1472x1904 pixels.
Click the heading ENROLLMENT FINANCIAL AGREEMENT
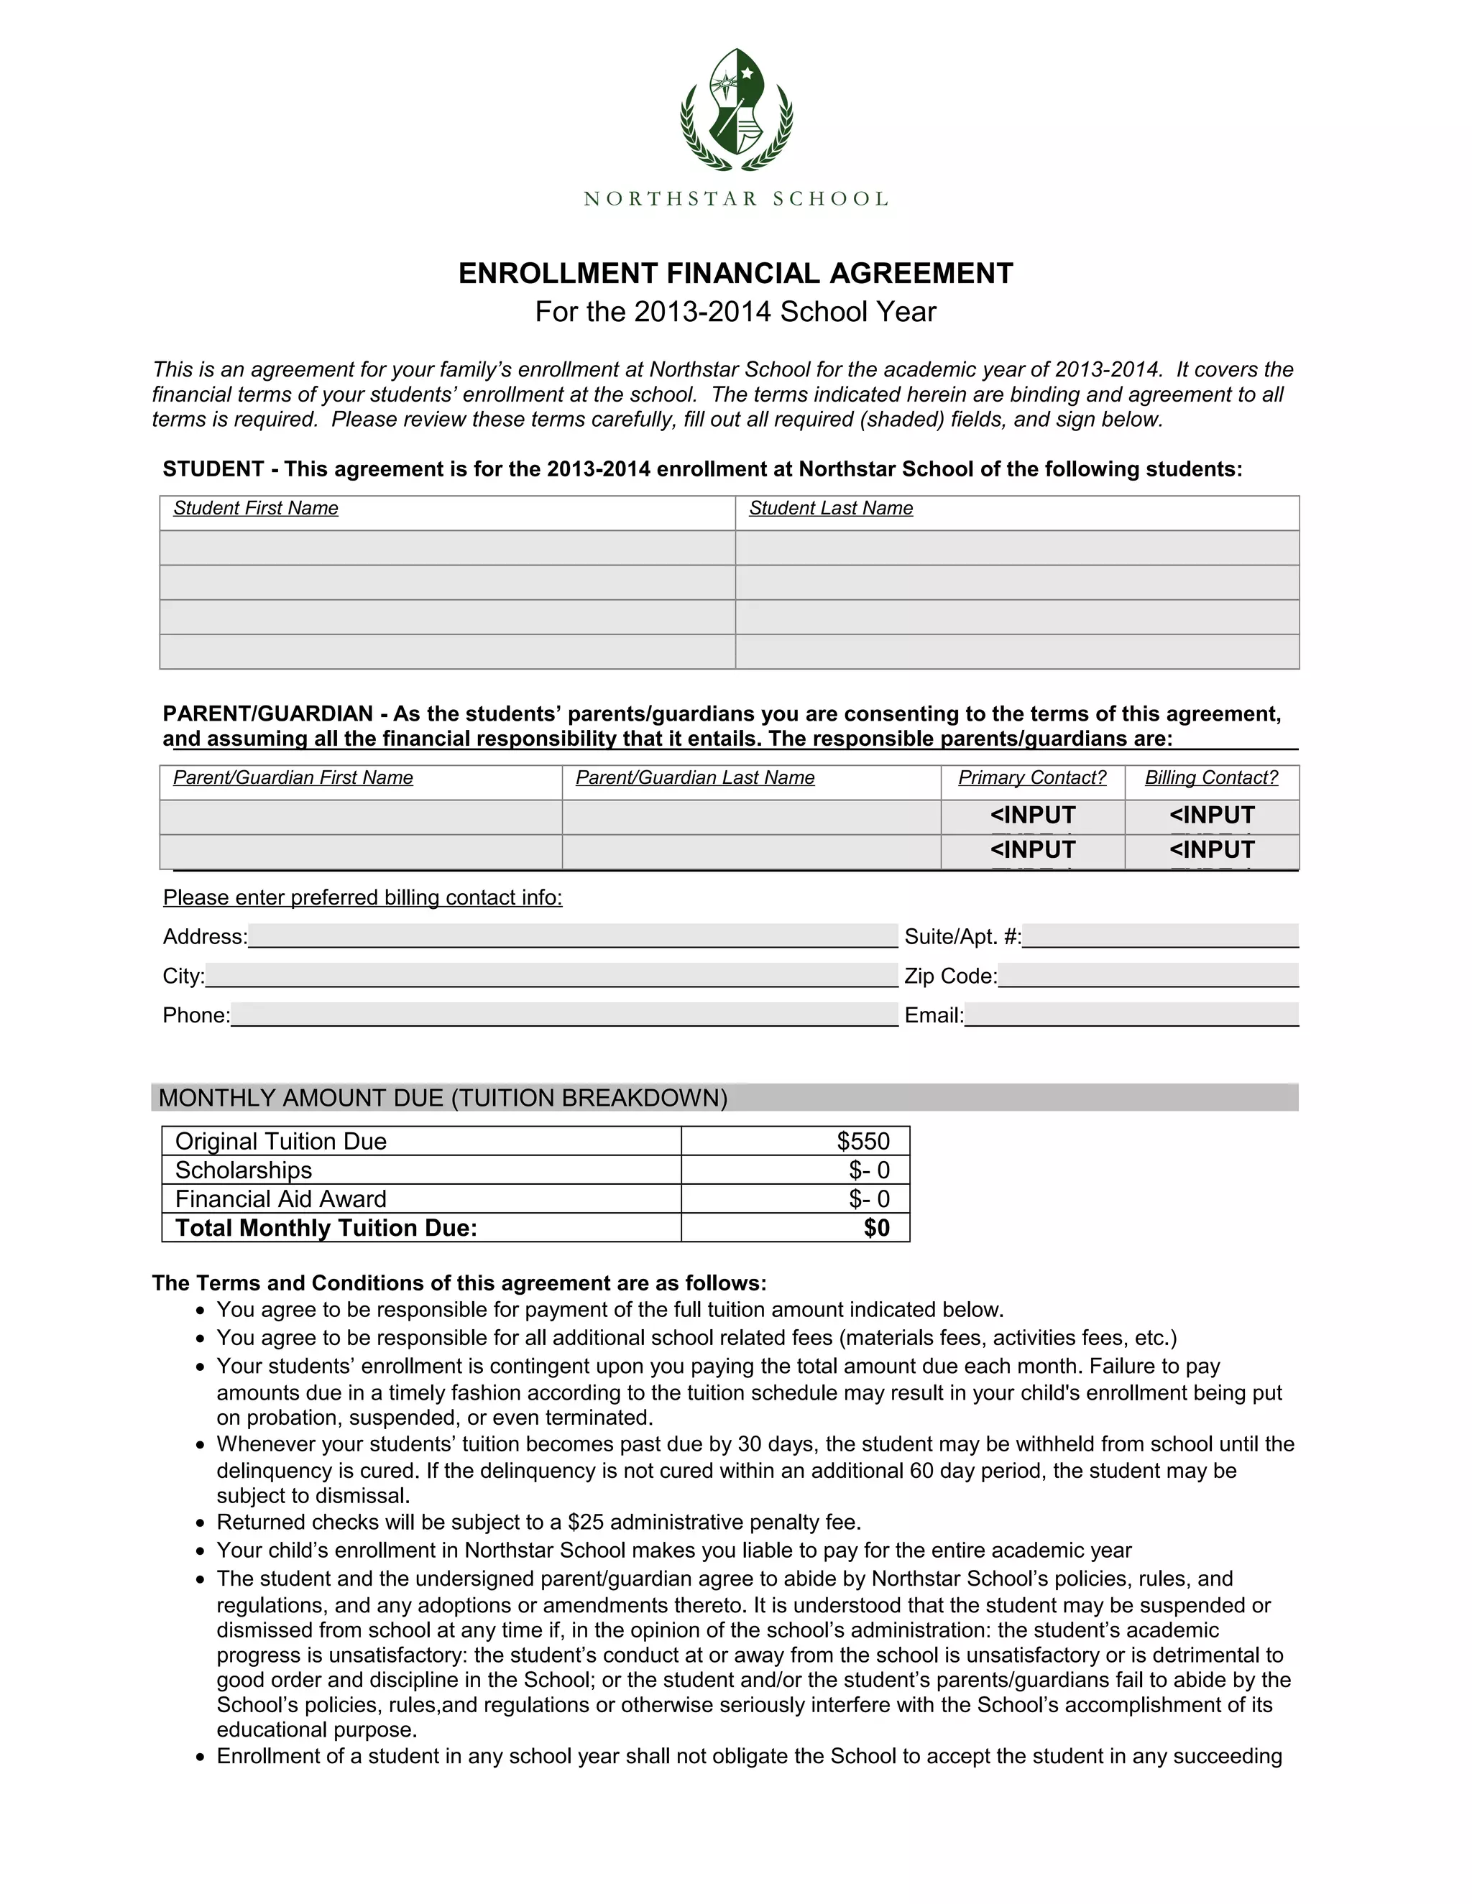(x=735, y=274)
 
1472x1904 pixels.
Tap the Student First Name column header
(x=255, y=508)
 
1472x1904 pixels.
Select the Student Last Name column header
(x=830, y=508)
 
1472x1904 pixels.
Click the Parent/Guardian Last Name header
(x=695, y=777)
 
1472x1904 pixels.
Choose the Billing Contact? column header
(x=1210, y=777)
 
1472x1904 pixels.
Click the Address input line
(x=572, y=935)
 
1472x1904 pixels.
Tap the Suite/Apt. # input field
(x=1160, y=935)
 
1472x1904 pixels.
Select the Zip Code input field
(x=1148, y=975)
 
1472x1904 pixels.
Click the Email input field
(x=1131, y=1014)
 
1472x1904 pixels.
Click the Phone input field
(x=563, y=1014)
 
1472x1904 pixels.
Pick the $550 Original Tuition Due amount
(x=862, y=1141)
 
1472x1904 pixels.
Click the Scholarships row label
(x=244, y=1170)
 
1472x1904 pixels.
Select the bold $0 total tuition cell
(x=876, y=1227)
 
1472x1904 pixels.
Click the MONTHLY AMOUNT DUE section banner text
(x=443, y=1098)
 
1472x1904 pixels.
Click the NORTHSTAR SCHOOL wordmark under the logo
(x=736, y=199)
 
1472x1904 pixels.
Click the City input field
(x=551, y=975)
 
